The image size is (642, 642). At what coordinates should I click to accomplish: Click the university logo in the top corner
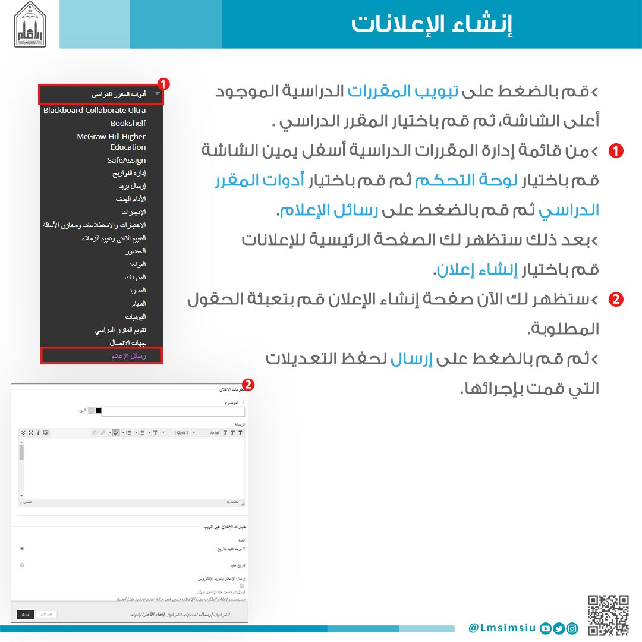tap(29, 24)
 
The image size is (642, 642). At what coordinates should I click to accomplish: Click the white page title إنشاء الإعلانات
tap(432, 24)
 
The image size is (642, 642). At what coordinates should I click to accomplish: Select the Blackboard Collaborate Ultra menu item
tap(95, 110)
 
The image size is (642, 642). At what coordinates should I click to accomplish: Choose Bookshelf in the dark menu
tap(128, 123)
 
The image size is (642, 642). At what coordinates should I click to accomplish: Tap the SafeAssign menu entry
tap(126, 160)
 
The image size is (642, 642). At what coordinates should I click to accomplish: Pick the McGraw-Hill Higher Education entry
tap(112, 141)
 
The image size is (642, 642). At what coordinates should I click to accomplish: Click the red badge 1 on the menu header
tap(163, 84)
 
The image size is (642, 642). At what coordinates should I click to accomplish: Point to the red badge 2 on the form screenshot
tap(248, 385)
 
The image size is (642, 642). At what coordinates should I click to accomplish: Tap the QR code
tap(608, 615)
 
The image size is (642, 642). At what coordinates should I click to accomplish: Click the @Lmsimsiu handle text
tap(502, 628)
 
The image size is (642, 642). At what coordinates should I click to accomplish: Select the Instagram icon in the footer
tap(572, 628)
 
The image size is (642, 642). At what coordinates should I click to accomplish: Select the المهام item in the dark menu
tap(139, 303)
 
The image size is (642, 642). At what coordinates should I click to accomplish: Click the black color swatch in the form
tap(99, 410)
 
